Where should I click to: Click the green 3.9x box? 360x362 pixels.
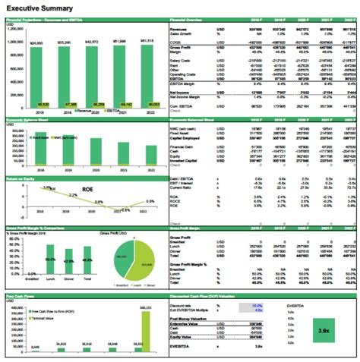click(x=323, y=332)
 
